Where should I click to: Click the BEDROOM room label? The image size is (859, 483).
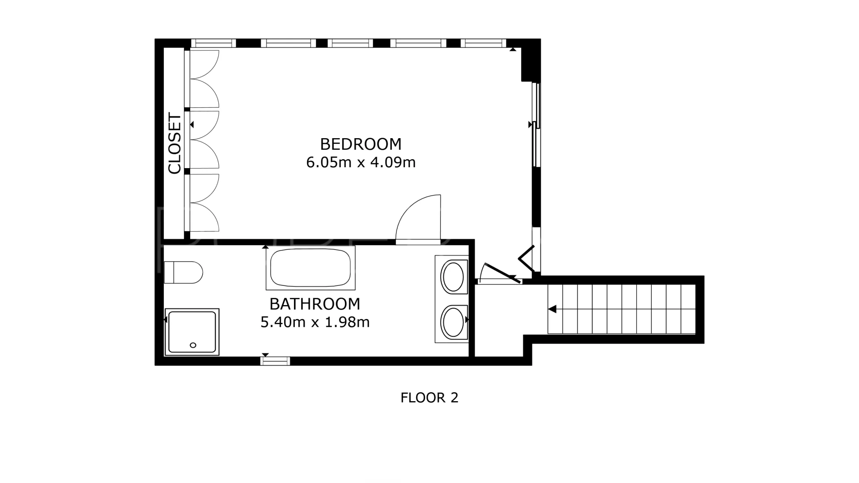point(361,144)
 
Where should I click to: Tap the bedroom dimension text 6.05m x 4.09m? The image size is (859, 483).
point(361,162)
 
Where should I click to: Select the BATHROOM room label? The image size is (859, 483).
point(315,304)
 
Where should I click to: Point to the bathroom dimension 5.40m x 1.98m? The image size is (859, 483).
point(315,322)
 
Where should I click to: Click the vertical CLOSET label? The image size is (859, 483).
point(174,143)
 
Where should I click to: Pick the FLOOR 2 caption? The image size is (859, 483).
point(429,398)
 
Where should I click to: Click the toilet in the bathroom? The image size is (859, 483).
point(183,272)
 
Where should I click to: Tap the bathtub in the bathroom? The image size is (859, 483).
point(311,268)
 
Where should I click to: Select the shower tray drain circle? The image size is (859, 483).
point(193,345)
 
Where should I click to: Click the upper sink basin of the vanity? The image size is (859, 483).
point(453,277)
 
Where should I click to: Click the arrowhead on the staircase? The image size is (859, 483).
point(552,309)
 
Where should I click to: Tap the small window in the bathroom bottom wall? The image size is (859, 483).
point(276,361)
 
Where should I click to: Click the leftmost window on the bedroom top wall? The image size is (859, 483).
point(213,43)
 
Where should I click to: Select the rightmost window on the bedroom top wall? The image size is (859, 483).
point(484,43)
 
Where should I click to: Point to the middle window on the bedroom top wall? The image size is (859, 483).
point(350,43)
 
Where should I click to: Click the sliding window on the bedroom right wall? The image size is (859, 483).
point(536,125)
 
